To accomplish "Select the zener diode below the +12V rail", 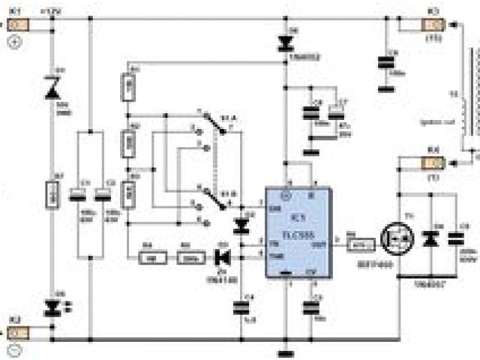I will (52, 88).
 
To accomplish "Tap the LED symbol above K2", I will (52, 306).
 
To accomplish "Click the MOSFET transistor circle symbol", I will (396, 238).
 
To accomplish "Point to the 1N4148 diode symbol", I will (222, 257).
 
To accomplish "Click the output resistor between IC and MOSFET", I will (362, 242).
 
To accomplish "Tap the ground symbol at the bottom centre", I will (284, 350).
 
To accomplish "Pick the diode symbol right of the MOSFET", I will (430, 239).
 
